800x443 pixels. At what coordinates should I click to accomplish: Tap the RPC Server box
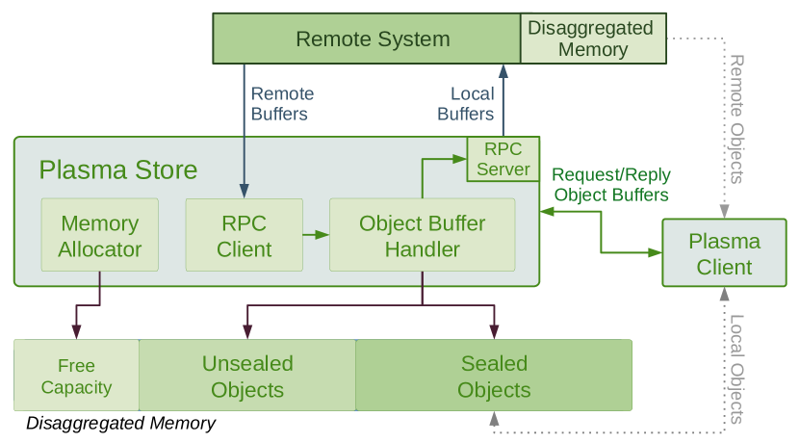click(503, 159)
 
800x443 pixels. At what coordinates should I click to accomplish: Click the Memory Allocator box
click(100, 236)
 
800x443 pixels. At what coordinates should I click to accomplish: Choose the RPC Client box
click(244, 236)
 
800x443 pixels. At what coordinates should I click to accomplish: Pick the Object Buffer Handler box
click(422, 236)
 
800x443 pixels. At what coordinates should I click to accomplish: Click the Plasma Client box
click(724, 253)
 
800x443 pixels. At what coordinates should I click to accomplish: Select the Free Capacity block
click(76, 377)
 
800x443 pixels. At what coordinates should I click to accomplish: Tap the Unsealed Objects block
click(247, 377)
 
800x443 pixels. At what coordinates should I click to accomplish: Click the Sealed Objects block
click(494, 377)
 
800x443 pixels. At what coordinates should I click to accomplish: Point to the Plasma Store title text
click(118, 170)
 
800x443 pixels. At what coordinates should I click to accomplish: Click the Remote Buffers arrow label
click(281, 104)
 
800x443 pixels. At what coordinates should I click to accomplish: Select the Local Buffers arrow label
click(467, 104)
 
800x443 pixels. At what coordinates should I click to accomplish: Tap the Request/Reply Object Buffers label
click(611, 185)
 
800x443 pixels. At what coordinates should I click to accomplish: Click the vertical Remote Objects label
click(737, 119)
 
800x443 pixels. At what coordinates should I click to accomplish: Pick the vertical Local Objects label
click(737, 369)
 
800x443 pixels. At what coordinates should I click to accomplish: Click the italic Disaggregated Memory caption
click(120, 424)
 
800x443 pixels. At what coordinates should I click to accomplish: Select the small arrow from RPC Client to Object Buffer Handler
click(316, 234)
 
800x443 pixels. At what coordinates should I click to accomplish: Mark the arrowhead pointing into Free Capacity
click(76, 332)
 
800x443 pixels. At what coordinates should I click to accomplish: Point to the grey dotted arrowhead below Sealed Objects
click(494, 418)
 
